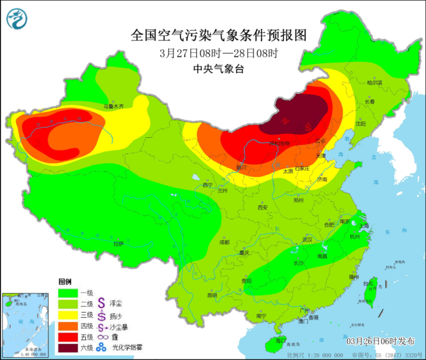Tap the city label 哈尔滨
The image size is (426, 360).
[x=375, y=82]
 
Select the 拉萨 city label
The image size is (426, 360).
[x=118, y=244]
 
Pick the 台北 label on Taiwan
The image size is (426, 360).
[x=367, y=283]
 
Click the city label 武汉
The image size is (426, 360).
[x=307, y=240]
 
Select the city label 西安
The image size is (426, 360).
[x=262, y=207]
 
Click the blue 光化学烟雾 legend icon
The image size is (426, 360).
[x=101, y=347]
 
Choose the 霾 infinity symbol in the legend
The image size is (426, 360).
[x=101, y=337]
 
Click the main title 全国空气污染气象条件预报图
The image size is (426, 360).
[x=219, y=35]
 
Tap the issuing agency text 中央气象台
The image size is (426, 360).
[x=219, y=69]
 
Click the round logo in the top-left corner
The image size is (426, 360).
[x=17, y=19]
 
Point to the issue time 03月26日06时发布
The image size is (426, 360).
[x=380, y=341]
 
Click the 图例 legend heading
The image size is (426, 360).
[x=65, y=282]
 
